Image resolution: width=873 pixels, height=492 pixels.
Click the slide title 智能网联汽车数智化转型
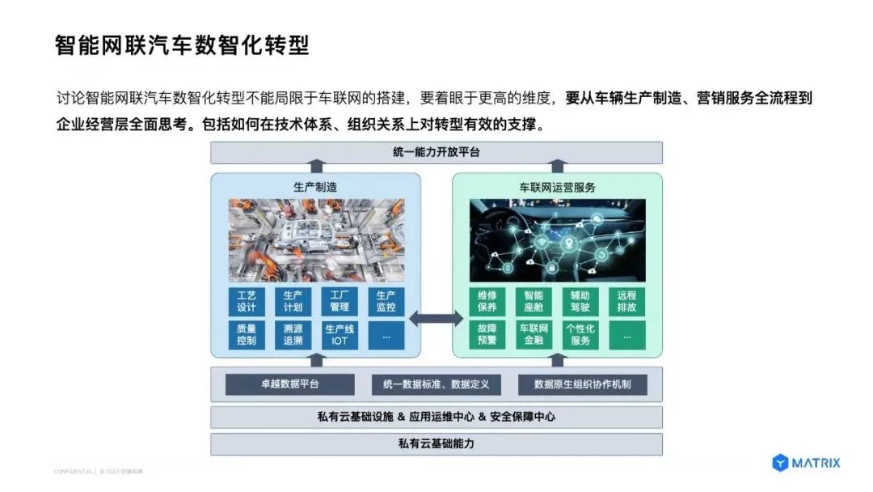182,45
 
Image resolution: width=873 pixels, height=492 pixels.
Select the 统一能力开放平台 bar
436,152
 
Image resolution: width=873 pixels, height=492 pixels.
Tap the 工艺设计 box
247,301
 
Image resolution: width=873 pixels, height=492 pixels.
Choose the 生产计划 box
293,301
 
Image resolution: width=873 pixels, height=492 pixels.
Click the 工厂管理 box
339,301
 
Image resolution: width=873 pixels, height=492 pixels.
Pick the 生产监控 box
386,301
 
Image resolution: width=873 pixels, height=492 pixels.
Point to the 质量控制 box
247,335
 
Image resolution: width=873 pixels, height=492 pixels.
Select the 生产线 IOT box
339,335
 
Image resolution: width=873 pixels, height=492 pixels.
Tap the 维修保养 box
487,301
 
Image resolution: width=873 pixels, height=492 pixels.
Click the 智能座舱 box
533,301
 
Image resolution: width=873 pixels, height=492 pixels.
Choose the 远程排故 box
627,301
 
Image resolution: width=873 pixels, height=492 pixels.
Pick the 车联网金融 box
533,335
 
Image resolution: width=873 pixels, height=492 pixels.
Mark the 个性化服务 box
580,335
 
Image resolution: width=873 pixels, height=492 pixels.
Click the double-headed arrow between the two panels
436,318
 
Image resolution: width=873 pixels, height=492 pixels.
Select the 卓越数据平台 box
289,384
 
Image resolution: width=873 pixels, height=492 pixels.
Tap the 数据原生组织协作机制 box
583,384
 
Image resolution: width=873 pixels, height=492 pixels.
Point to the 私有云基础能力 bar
436,443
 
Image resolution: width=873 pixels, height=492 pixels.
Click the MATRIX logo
806,463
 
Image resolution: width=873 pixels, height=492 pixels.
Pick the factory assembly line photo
316,240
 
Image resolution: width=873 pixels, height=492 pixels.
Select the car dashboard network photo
558,240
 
